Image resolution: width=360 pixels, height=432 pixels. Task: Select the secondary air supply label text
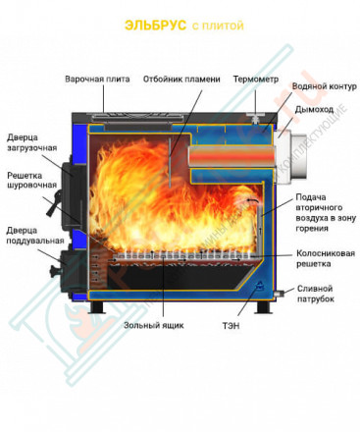(322, 214)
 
